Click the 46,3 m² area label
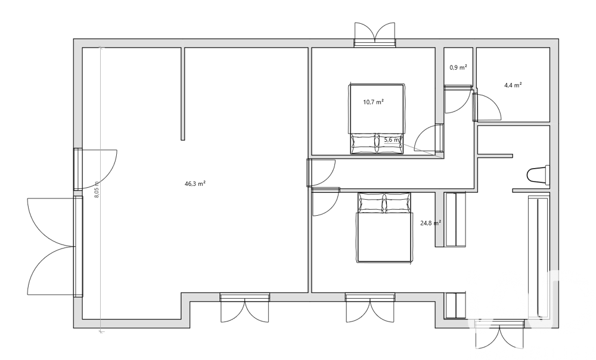[195, 184]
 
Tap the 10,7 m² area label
[373, 102]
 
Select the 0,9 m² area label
[458, 67]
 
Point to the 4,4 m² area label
[513, 85]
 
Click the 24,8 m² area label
[430, 224]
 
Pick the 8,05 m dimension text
[97, 190]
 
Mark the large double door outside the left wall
[50, 246]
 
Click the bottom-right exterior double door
[499, 336]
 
